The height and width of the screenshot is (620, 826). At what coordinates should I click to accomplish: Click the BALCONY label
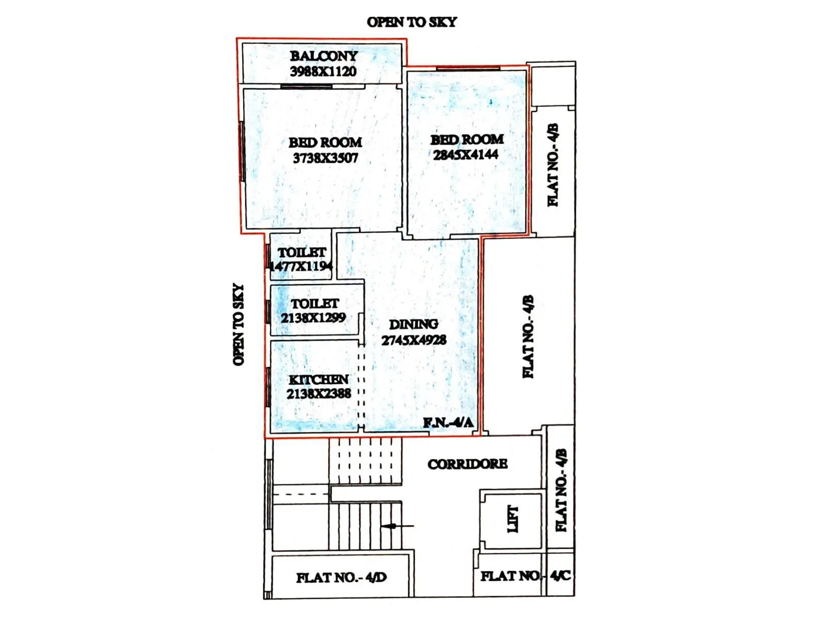pyautogui.click(x=324, y=56)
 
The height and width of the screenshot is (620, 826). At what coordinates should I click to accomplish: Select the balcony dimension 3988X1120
pyautogui.click(x=323, y=71)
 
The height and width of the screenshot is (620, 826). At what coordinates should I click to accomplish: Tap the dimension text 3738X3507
pyautogui.click(x=325, y=158)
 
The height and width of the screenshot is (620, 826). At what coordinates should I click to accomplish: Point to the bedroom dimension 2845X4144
pyautogui.click(x=466, y=154)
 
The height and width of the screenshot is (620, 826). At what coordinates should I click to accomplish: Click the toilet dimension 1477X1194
pyautogui.click(x=301, y=267)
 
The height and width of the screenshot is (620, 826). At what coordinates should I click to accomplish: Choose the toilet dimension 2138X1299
pyautogui.click(x=313, y=318)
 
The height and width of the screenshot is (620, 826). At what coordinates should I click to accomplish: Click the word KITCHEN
pyautogui.click(x=319, y=380)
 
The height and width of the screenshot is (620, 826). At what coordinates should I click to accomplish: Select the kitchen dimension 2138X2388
pyautogui.click(x=319, y=394)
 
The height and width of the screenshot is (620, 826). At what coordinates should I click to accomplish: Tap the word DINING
pyautogui.click(x=414, y=324)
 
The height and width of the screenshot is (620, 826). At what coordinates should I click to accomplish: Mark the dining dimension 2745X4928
pyautogui.click(x=414, y=340)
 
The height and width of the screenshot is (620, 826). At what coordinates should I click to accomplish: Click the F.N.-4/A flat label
pyautogui.click(x=448, y=423)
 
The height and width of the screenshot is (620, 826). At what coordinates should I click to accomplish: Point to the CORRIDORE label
pyautogui.click(x=467, y=464)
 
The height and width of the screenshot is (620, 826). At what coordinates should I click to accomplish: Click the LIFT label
pyautogui.click(x=512, y=519)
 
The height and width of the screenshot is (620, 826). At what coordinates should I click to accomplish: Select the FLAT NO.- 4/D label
pyautogui.click(x=341, y=577)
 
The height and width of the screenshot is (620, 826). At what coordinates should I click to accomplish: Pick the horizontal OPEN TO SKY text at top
pyautogui.click(x=411, y=22)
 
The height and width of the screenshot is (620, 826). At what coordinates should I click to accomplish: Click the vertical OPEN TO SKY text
pyautogui.click(x=238, y=324)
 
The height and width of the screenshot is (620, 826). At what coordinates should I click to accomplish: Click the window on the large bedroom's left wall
pyautogui.click(x=242, y=151)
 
